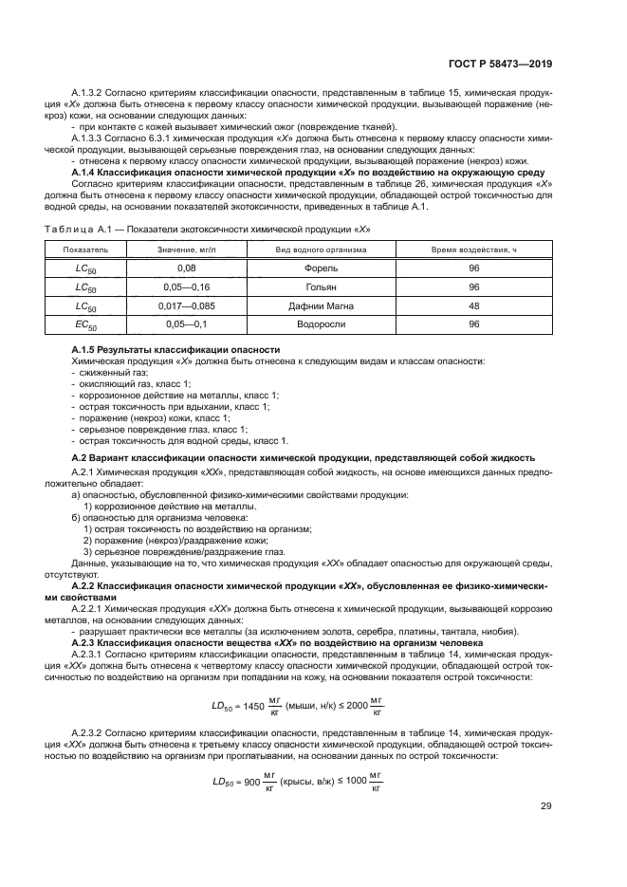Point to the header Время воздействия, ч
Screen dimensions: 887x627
pos(474,249)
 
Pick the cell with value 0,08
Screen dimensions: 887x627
pos(186,268)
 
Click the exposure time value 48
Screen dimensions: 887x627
pos(474,305)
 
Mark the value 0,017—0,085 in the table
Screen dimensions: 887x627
pos(186,305)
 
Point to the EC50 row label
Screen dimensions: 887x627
pos(86,325)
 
